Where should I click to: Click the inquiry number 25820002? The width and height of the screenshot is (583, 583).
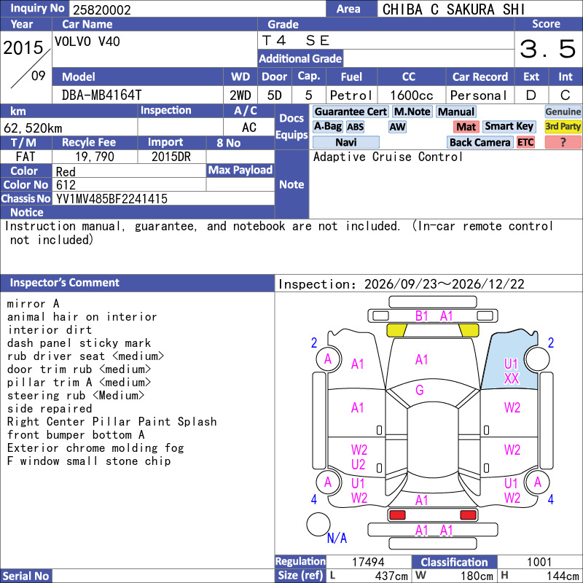pos(102,9)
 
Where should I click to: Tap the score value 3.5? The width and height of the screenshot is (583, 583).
pos(548,49)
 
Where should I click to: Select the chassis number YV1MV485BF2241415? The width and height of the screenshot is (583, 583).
pos(111,199)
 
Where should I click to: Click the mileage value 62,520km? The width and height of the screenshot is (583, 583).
pos(33,128)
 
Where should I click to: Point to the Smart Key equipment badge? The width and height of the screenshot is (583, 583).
pos(509,126)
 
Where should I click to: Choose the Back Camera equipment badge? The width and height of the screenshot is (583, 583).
pos(480,142)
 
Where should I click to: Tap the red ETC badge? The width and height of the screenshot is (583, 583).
pos(525,142)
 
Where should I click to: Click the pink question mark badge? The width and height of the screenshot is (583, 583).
pos(563,142)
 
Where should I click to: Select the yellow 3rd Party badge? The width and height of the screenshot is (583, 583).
pos(563,126)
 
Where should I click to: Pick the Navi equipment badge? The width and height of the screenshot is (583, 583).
pos(345,142)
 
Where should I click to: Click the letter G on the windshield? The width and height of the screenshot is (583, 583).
pos(420,390)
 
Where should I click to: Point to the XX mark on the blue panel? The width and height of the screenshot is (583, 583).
pos(512,378)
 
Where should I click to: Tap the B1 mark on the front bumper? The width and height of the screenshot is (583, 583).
pos(422,316)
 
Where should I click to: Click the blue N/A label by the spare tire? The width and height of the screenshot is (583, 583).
pos(337,538)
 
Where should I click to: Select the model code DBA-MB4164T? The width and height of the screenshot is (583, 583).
pos(101,95)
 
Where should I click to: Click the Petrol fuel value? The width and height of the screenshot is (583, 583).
pos(351,95)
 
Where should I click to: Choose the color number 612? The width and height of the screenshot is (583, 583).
pos(66,185)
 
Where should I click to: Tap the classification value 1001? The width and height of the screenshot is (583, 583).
pos(539,562)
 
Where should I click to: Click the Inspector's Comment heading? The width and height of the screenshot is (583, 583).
pos(64,283)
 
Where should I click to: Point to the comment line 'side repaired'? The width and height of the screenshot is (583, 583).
pos(50,409)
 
